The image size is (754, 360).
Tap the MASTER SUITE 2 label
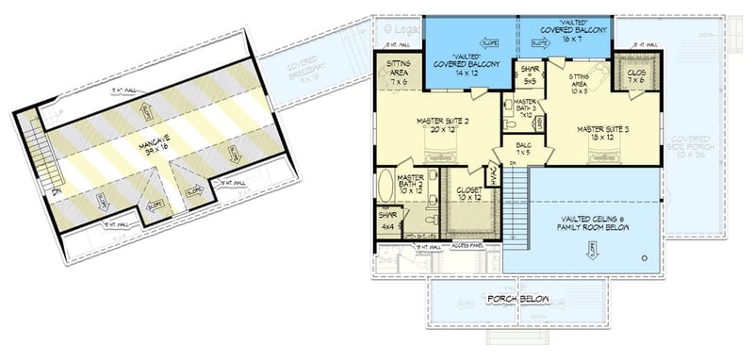446,125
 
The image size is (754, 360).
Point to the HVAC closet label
491,174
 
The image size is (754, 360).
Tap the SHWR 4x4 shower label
387,222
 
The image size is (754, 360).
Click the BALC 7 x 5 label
523,148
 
